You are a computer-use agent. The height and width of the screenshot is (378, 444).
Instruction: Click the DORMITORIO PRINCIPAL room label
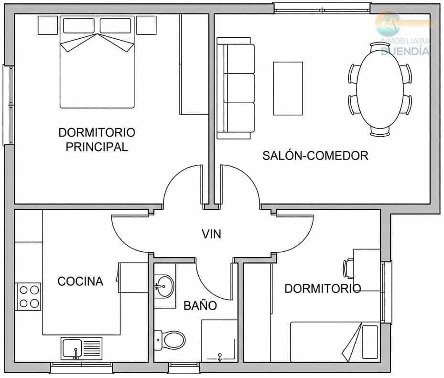click(x=97, y=139)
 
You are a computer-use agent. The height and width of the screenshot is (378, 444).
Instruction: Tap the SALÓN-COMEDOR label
click(x=315, y=155)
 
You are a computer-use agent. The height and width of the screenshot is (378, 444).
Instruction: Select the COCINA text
click(x=80, y=281)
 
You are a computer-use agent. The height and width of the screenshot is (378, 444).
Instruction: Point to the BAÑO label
click(x=200, y=305)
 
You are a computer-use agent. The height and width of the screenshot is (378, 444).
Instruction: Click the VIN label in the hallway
click(x=211, y=234)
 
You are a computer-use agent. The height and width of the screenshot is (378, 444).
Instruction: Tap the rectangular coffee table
click(x=288, y=88)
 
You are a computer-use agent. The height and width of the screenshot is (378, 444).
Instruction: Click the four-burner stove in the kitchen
click(x=28, y=296)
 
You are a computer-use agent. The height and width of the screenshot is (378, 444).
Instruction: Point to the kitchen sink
click(x=81, y=347)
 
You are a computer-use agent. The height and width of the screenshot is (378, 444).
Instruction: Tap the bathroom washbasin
click(x=165, y=286)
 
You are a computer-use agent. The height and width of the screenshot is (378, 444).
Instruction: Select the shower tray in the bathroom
click(x=219, y=340)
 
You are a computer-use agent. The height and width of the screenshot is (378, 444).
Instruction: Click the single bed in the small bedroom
click(x=335, y=341)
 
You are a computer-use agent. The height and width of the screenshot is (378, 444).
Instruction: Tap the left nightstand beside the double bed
click(x=48, y=25)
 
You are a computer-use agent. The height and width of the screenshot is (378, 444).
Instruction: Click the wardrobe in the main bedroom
click(x=194, y=64)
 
